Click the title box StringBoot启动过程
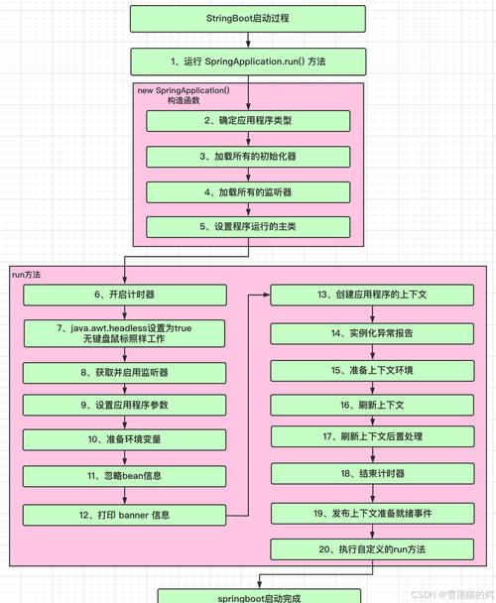[x=248, y=19]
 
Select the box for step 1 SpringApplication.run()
[x=248, y=61]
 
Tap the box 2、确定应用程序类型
[x=248, y=121]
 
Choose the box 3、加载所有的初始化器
[x=248, y=157]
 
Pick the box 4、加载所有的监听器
[x=248, y=192]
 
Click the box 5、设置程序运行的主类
[x=248, y=227]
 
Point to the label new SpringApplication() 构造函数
[x=184, y=95]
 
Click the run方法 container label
[x=26, y=275]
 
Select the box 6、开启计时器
[x=125, y=295]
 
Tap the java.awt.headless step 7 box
[x=124, y=333]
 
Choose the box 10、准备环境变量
[x=125, y=439]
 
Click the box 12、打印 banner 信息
[x=124, y=515]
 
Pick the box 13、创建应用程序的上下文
[x=372, y=295]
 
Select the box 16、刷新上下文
[x=372, y=405]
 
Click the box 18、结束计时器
[x=372, y=473]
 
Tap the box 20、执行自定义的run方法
[x=372, y=549]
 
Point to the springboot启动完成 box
[x=259, y=596]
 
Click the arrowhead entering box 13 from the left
[x=267, y=295]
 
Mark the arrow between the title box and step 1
[x=248, y=40]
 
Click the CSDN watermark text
[x=452, y=594]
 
